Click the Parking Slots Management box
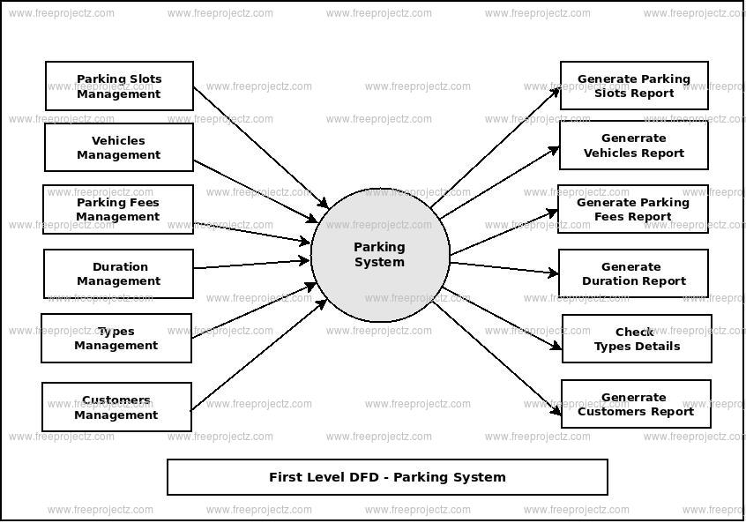pyautogui.click(x=119, y=86)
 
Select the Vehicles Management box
pyautogui.click(x=119, y=147)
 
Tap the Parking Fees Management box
pyautogui.click(x=118, y=209)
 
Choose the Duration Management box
pyautogui.click(x=119, y=273)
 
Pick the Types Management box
pyautogui.click(x=116, y=338)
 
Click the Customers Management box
pyautogui.click(x=116, y=407)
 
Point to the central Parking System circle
pyautogui.click(x=380, y=255)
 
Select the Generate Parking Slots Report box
pyautogui.click(x=634, y=86)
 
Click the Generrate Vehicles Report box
pyautogui.click(x=633, y=145)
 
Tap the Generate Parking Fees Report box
pyautogui.click(x=632, y=209)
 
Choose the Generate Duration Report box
pyautogui.click(x=633, y=273)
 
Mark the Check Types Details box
pyautogui.click(x=637, y=339)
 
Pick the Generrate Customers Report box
pyautogui.click(x=636, y=404)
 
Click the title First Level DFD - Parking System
pyautogui.click(x=387, y=477)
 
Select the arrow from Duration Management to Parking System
pyautogui.click(x=251, y=264)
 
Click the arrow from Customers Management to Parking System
pyautogui.click(x=258, y=355)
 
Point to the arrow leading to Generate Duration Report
pyautogui.click(x=504, y=267)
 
